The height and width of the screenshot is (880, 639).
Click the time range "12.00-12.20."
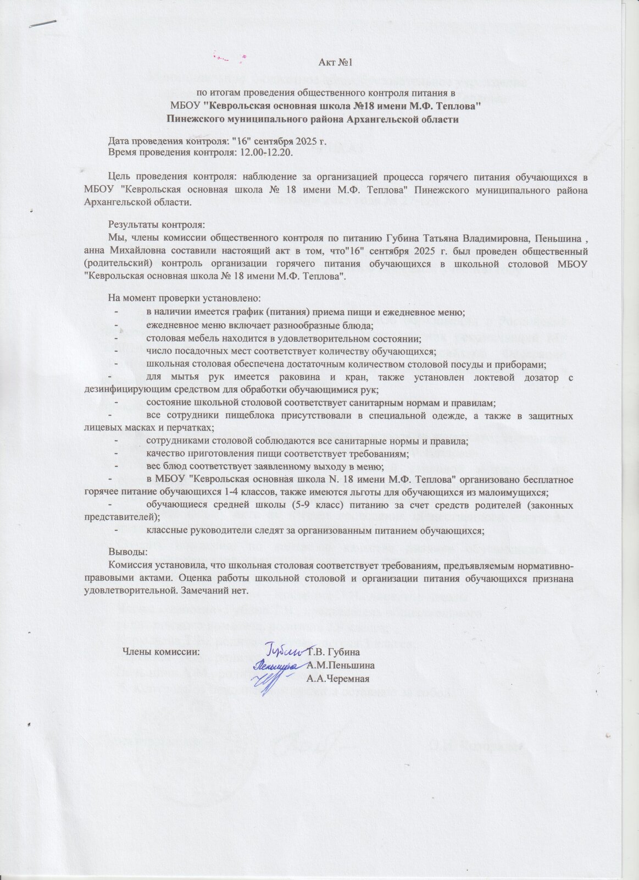point(264,152)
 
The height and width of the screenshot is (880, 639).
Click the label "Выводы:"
point(127,551)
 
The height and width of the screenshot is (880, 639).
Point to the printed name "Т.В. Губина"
point(334,653)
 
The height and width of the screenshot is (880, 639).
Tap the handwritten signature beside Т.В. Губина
point(286,651)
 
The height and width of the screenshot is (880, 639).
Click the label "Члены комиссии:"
point(161,653)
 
